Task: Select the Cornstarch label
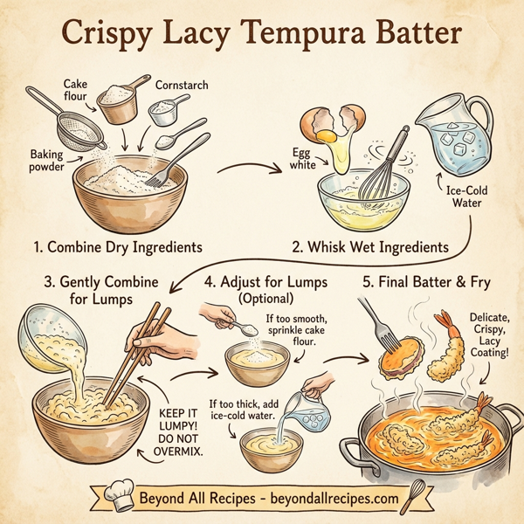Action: coord(182,86)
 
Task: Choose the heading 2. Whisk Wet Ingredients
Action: coord(370,247)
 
